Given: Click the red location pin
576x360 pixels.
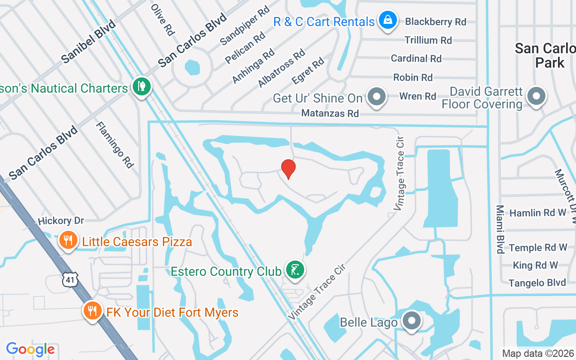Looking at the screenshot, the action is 288,169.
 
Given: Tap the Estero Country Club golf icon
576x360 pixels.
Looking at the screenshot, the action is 295,270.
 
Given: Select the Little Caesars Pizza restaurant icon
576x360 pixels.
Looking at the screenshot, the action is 68,241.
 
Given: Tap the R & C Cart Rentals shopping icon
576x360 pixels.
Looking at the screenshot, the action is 387,20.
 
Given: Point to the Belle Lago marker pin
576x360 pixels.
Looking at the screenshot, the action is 411,321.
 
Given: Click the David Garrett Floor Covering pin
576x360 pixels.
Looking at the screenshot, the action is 536,97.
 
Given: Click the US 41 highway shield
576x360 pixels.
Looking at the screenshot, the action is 70,280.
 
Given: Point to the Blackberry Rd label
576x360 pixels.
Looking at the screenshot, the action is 435,22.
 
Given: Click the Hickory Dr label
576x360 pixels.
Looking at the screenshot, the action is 61,221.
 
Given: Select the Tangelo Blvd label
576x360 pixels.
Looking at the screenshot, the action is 537,283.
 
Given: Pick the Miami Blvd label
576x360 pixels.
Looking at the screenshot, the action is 500,229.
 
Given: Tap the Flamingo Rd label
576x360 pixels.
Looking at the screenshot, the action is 115,145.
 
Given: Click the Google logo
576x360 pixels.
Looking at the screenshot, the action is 31,349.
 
